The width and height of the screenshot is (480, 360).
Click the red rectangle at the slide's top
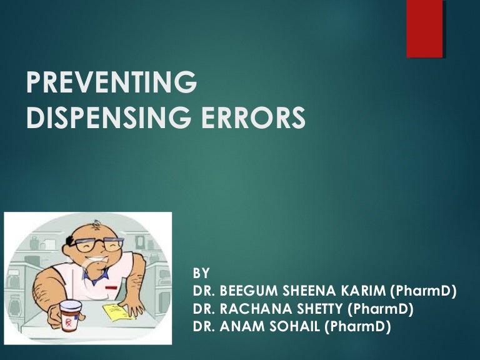[424, 29]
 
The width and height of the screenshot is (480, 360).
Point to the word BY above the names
[202, 273]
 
